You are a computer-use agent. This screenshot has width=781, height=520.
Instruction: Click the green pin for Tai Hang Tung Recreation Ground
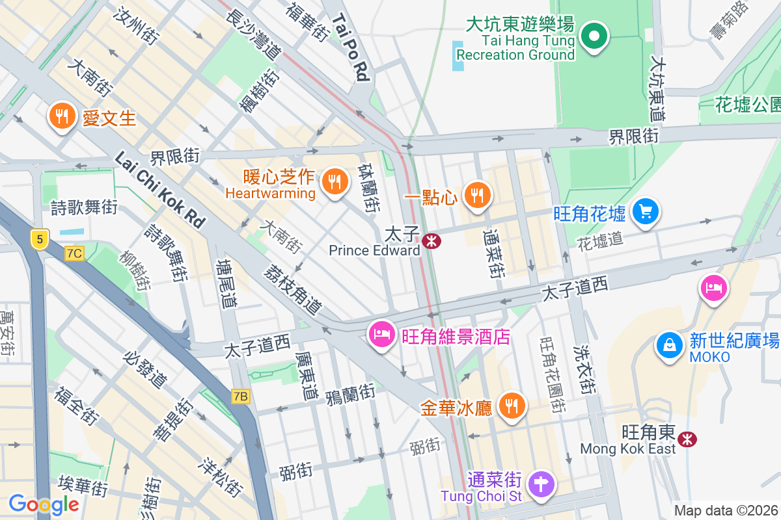point(594,36)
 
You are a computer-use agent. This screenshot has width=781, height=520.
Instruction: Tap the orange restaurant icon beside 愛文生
point(62,116)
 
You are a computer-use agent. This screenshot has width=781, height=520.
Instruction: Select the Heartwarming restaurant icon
point(335,182)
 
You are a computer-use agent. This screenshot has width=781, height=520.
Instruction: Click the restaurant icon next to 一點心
point(477,194)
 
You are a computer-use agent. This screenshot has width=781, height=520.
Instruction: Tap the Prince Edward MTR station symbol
point(431,241)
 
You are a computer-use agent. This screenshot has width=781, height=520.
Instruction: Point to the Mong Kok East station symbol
point(687,439)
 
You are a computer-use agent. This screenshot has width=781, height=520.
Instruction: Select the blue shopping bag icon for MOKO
point(669,345)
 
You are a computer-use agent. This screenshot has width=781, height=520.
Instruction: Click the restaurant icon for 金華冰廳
point(512,406)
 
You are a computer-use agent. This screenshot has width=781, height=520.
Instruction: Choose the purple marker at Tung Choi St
point(541,485)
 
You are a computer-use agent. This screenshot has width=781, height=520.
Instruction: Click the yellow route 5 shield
point(40,239)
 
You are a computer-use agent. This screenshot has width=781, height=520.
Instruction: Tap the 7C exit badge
point(75,253)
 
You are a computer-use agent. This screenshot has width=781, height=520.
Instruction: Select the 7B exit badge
point(240,396)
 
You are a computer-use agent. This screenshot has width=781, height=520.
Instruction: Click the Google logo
point(44,504)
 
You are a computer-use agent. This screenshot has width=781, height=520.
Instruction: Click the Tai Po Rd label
point(351,48)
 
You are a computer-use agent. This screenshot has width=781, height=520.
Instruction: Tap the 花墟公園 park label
point(747,104)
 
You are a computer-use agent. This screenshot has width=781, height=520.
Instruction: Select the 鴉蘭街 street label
point(350,393)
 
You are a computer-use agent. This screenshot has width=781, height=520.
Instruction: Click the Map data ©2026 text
point(726,511)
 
